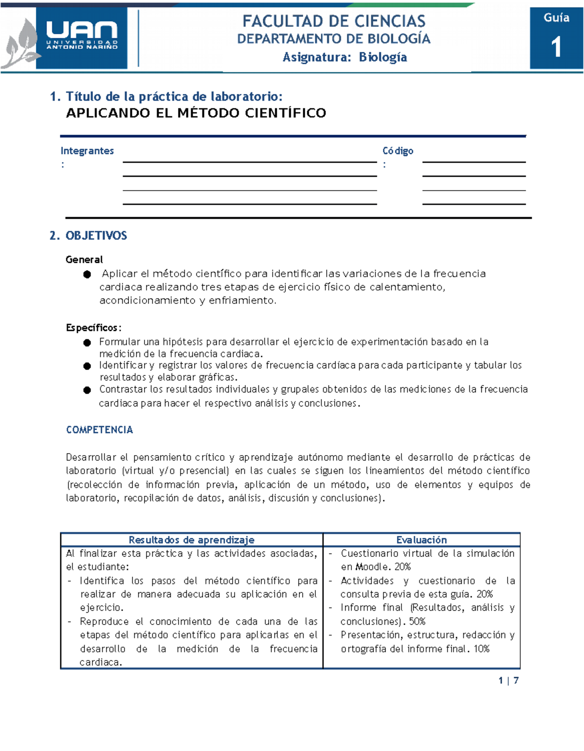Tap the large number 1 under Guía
click(x=556, y=47)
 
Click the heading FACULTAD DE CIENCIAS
click(x=334, y=21)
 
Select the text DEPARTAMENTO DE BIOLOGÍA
click(x=334, y=39)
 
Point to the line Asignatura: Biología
click(x=345, y=57)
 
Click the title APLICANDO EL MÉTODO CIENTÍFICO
click(x=196, y=113)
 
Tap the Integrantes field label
click(x=87, y=151)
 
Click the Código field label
click(x=398, y=151)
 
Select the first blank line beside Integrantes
click(x=250, y=161)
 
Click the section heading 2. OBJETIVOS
click(x=88, y=236)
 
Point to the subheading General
click(x=84, y=259)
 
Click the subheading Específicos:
click(x=93, y=328)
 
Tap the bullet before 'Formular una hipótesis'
click(x=87, y=343)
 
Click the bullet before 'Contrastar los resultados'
click(x=87, y=390)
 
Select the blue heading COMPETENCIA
click(x=99, y=430)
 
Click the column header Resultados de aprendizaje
click(x=191, y=540)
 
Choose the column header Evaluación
click(x=421, y=540)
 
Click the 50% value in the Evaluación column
click(x=417, y=622)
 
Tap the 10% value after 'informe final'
click(x=481, y=649)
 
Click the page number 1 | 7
click(x=509, y=680)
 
